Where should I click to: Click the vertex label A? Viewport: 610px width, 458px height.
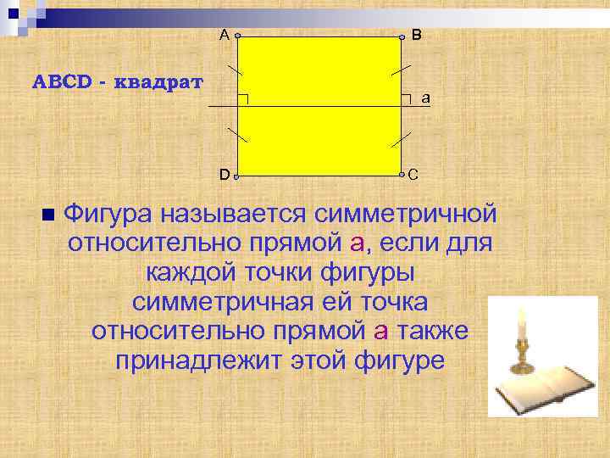[224, 35]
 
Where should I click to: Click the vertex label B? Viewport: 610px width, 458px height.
[417, 35]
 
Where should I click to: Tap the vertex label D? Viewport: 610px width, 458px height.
[224, 175]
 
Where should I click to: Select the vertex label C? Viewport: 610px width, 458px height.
[413, 176]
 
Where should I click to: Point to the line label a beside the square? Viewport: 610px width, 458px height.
[425, 98]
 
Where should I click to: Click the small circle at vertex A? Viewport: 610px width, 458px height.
[237, 36]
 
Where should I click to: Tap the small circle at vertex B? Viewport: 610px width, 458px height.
[402, 36]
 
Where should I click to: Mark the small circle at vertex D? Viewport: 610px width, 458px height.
[237, 176]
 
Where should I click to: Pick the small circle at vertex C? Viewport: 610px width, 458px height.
[402, 176]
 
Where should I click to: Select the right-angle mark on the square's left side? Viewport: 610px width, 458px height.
[243, 100]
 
